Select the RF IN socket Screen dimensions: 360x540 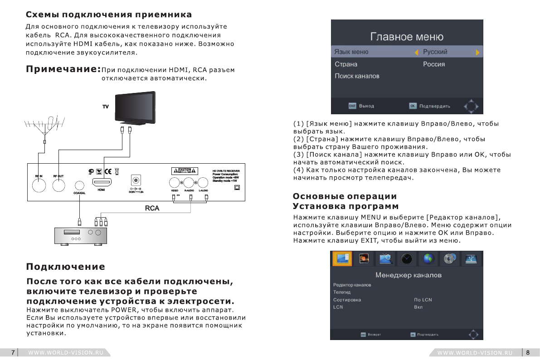point(39,185)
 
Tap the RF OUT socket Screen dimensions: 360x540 point(58,185)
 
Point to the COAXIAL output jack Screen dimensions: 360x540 point(79,185)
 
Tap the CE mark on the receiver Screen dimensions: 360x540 point(108,171)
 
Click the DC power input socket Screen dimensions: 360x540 point(135,180)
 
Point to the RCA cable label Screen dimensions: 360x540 point(151,208)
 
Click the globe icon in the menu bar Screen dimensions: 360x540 point(429,258)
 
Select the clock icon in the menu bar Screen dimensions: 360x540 point(407,258)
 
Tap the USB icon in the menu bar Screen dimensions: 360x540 point(472,258)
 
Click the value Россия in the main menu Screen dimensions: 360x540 point(434,64)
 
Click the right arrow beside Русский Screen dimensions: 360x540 point(477,52)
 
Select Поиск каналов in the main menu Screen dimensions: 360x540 point(357,76)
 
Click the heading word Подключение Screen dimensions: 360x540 point(66,267)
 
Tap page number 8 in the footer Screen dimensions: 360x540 point(528,352)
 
